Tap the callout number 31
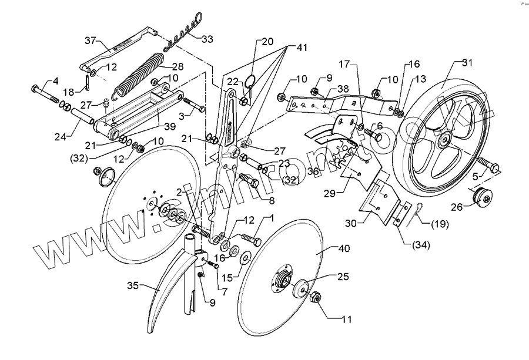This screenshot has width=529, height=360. tap(467, 63)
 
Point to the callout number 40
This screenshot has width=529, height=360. tap(344, 248)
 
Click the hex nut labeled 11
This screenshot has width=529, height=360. tap(314, 298)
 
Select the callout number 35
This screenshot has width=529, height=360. tap(133, 287)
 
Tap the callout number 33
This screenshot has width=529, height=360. tap(207, 39)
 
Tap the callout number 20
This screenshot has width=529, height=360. tap(267, 42)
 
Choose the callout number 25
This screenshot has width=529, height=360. tap(342, 275)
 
